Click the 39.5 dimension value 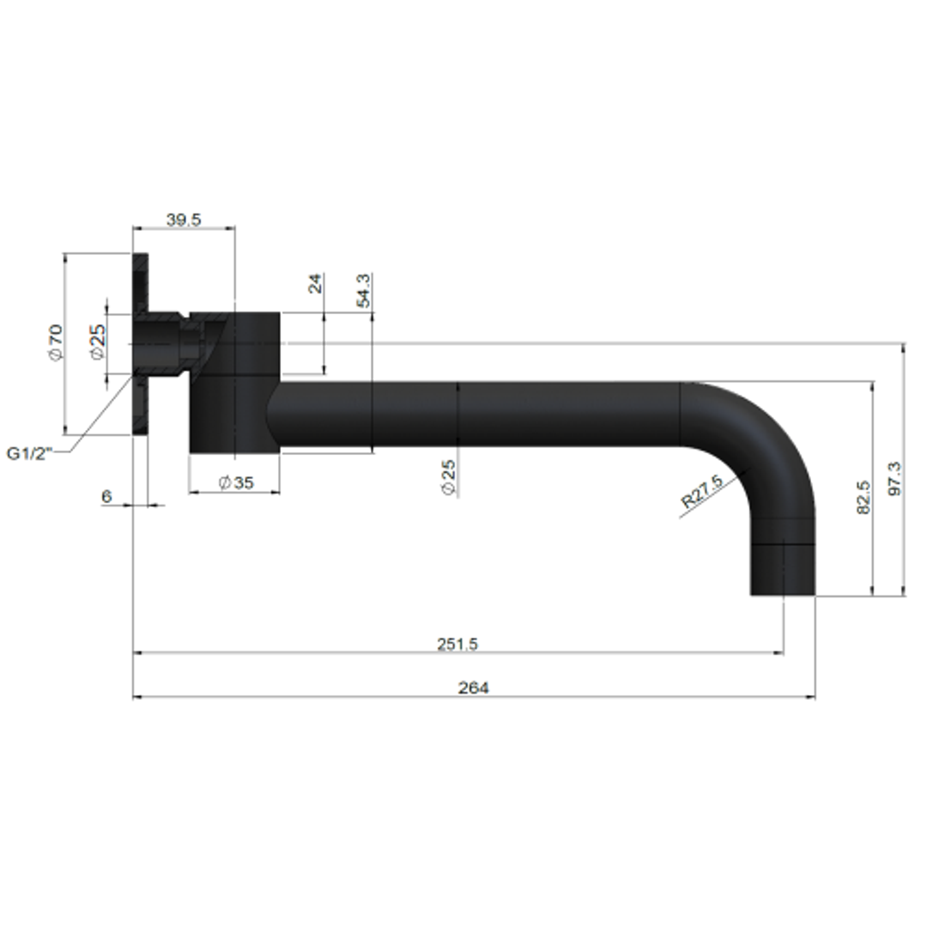(x=183, y=220)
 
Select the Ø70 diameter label (x=55, y=342)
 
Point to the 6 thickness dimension (x=106, y=496)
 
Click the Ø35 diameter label (x=236, y=482)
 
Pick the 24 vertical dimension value (x=315, y=284)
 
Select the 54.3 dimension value (x=363, y=291)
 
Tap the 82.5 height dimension (x=863, y=497)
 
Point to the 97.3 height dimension (x=894, y=479)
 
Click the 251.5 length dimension (x=457, y=644)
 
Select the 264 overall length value (x=473, y=688)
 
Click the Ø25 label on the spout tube (x=448, y=476)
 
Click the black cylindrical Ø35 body (x=234, y=382)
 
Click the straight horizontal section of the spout (x=515, y=415)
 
